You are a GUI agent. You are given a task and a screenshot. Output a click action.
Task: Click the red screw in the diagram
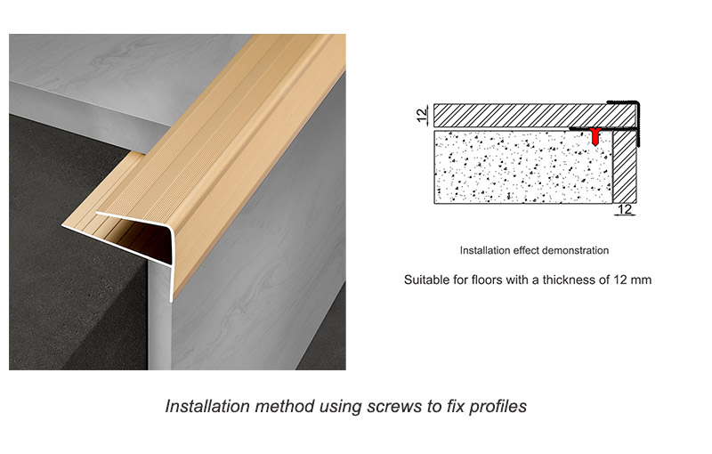coord(595,136)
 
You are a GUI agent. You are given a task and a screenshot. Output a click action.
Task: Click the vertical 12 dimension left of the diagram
coord(422,116)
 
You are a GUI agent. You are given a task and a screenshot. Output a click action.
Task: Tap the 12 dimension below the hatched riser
coord(625,209)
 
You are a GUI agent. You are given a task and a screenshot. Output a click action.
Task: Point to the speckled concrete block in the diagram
coord(523,166)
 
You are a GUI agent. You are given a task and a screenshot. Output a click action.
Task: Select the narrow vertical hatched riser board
coord(625,166)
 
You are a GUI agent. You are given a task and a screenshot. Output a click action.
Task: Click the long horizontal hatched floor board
coord(535,116)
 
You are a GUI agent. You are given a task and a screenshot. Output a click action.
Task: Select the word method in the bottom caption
coord(284,406)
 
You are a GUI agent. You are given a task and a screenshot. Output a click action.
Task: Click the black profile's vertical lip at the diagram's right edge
coord(638,124)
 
